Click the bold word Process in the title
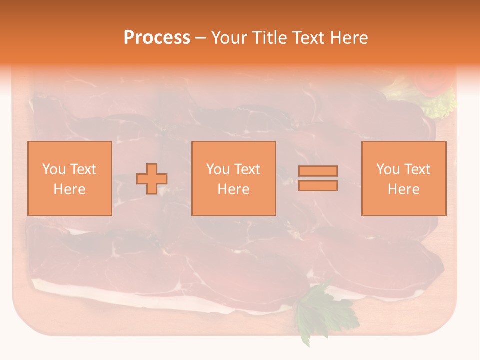(157, 38)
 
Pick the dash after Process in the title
(201, 38)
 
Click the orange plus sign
(152, 179)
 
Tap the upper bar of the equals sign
(318, 171)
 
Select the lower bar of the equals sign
(318, 186)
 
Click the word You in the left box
(54, 169)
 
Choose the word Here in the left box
(69, 189)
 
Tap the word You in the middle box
(218, 169)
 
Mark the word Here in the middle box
(233, 189)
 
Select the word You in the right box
(388, 169)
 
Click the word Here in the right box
(403, 189)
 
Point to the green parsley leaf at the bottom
(320, 310)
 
